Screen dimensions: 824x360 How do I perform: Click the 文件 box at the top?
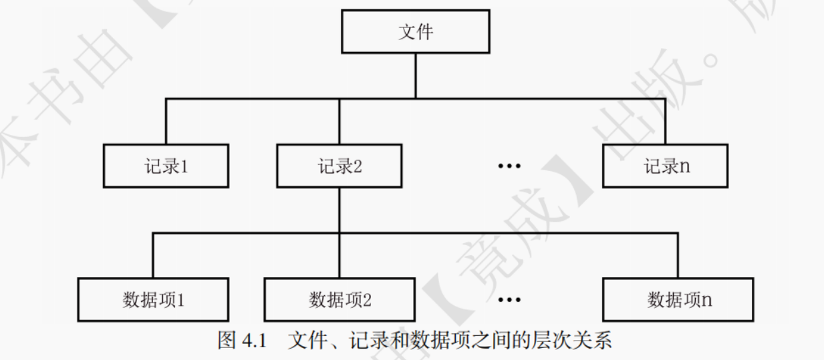415,32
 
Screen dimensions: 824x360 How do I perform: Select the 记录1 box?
166,166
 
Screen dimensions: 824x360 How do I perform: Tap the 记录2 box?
339,166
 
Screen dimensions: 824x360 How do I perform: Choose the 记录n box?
665,166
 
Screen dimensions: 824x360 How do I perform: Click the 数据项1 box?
153,300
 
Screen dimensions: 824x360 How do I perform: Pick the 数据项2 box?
339,300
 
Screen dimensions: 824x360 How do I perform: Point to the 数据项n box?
678,300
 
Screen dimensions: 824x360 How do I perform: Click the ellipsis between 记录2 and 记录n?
509,166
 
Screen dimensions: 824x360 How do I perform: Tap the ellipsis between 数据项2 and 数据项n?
509,300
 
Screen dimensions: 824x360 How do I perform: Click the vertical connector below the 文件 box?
415,75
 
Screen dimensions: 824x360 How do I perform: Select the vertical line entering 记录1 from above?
166,122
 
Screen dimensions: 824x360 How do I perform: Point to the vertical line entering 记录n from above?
665,122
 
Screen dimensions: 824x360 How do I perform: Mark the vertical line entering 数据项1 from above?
153,256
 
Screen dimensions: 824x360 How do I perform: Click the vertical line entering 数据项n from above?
678,256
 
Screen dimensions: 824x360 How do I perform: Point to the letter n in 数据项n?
706,301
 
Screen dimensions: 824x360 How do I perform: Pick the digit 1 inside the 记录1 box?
184,166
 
